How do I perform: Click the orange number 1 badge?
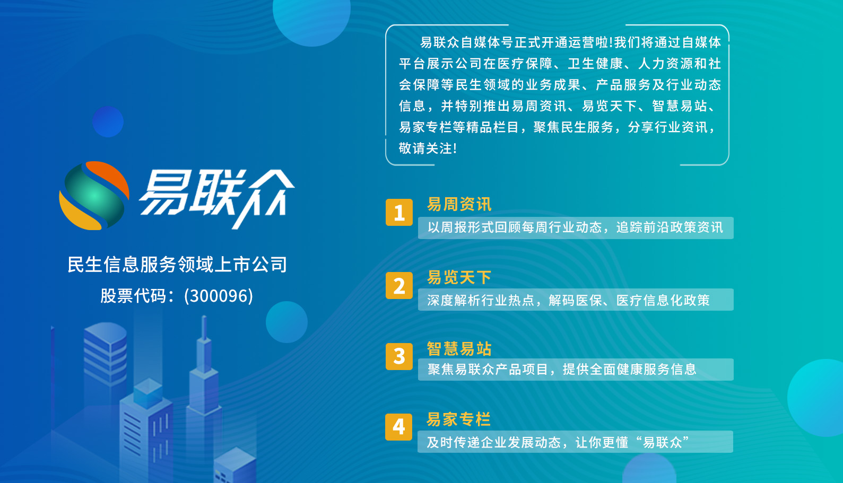click(x=399, y=213)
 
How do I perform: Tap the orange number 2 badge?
click(x=399, y=286)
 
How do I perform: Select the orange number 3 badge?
click(x=399, y=356)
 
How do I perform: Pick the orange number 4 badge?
click(x=399, y=427)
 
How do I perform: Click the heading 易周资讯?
click(x=459, y=204)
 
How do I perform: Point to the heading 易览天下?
click(x=459, y=277)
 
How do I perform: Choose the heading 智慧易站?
click(x=459, y=348)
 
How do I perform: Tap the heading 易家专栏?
click(x=458, y=419)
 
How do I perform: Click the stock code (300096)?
click(x=219, y=296)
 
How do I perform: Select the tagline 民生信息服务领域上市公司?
click(x=177, y=265)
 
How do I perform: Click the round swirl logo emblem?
click(x=94, y=196)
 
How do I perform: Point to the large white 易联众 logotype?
click(x=216, y=195)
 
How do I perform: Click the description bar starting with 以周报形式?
click(x=575, y=228)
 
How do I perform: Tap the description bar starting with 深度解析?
click(x=575, y=300)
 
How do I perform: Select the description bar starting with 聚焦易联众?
click(x=575, y=370)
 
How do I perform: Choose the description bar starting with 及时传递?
click(x=575, y=442)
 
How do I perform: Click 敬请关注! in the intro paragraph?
click(x=428, y=148)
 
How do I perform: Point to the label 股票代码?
click(x=133, y=296)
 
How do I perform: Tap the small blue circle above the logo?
click(x=108, y=121)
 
